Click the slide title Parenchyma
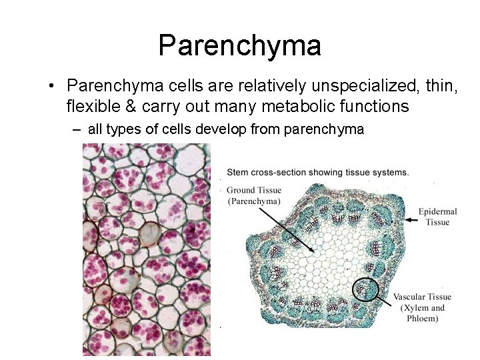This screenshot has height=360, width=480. pos(240,45)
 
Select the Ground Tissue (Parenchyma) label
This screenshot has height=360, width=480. pos(253,195)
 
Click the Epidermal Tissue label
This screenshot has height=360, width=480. pos(438,217)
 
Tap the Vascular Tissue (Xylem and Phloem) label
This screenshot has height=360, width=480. pos(422,307)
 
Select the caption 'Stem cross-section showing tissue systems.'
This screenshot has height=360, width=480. pos(317,172)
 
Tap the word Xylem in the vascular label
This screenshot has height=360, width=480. pos(415,307)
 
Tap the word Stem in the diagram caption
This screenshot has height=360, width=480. pos(238,172)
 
